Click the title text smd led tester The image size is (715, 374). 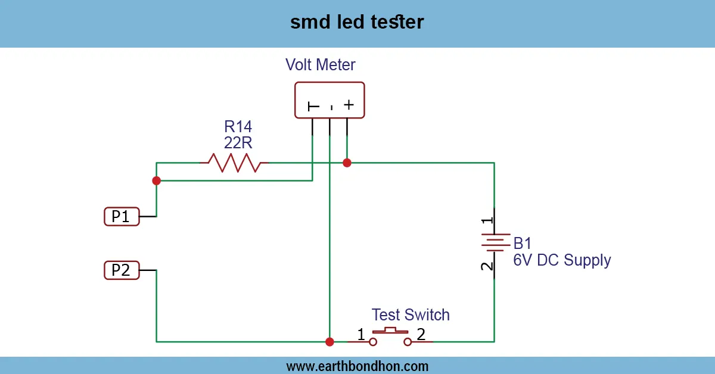(357, 23)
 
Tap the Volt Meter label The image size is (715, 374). (321, 64)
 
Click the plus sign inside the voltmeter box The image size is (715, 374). (349, 105)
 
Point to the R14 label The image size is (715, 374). (238, 126)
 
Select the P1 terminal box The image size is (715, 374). (122, 217)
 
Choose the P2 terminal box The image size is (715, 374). (122, 271)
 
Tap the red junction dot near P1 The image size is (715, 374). (156, 180)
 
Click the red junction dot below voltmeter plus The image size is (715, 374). (347, 163)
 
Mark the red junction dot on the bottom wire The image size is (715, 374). (329, 342)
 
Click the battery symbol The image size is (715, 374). (494, 243)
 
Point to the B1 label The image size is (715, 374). (523, 243)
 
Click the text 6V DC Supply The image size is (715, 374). (562, 260)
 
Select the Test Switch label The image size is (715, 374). (411, 314)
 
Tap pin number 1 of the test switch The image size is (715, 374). (361, 335)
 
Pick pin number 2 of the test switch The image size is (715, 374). (421, 335)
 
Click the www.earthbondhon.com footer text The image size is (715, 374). (357, 366)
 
